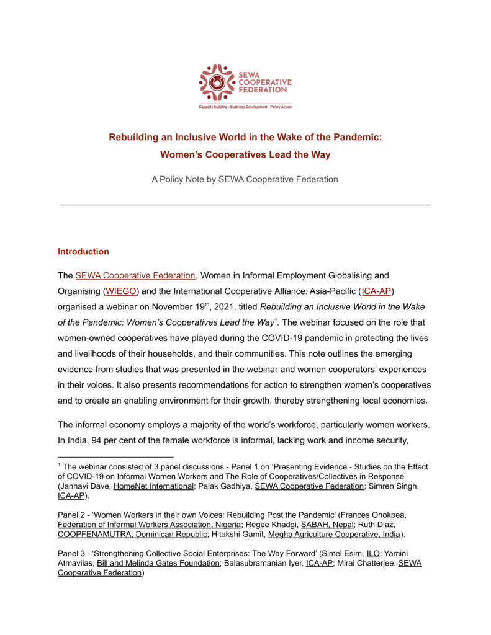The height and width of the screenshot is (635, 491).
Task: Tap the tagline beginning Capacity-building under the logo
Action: coord(245,107)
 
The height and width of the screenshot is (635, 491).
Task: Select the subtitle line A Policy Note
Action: coord(245,179)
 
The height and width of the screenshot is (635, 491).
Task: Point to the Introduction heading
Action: coord(83,251)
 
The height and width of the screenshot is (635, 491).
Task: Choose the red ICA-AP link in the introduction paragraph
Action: coord(376,292)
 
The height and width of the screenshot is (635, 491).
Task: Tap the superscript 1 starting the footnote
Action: coord(59,464)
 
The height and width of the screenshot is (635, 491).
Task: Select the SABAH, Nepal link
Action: coord(315,524)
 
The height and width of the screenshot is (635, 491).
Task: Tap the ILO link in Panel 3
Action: coord(373,553)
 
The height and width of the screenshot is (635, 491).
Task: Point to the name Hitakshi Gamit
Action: coord(255,534)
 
